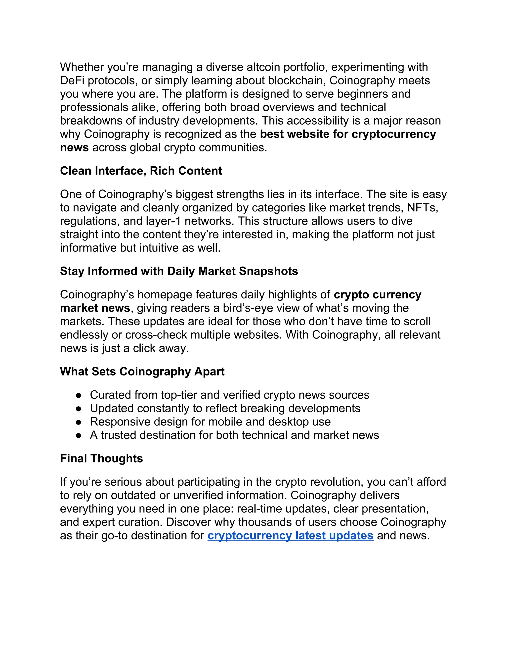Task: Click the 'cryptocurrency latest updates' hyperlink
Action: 290,536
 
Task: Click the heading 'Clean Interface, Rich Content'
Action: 141,171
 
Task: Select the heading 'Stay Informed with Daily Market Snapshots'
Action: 179,271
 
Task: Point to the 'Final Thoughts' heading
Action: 101,458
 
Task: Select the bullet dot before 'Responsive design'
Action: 79,422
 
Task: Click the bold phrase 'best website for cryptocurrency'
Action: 348,134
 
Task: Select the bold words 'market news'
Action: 95,308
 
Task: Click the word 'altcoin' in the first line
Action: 263,67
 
